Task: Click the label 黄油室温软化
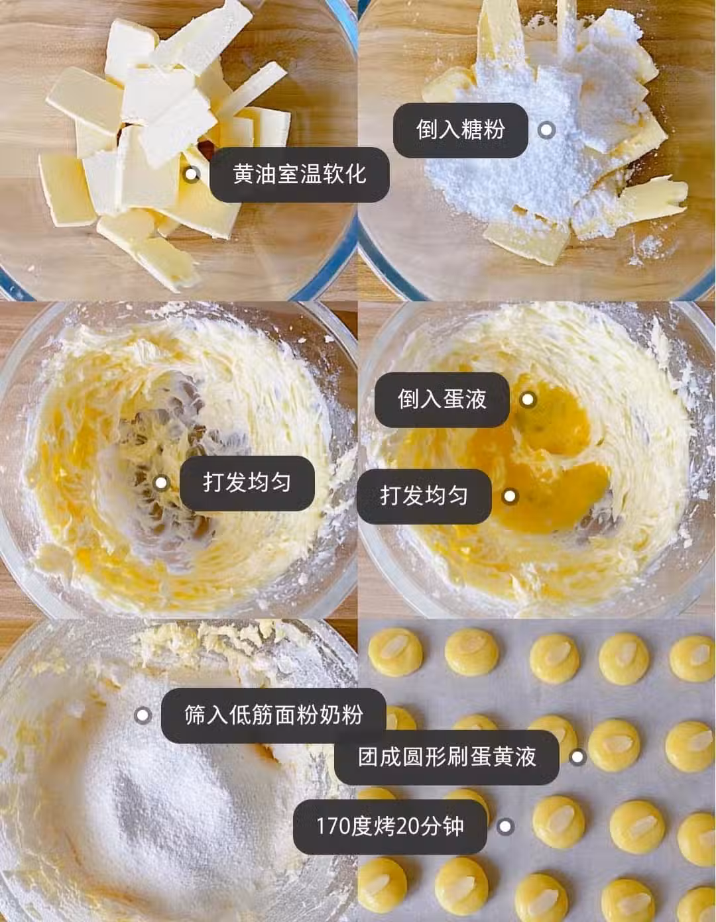point(300,174)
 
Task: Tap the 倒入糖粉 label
point(461,130)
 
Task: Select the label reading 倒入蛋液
point(442,399)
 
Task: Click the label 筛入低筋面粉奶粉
point(274,715)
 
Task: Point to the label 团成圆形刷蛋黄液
point(447,757)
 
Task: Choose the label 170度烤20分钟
point(390,827)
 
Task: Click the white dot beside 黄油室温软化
point(192,174)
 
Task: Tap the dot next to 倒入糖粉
point(546,130)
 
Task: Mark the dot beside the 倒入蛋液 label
point(528,399)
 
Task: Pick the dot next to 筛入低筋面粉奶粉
point(143,715)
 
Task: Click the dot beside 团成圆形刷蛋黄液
point(577,757)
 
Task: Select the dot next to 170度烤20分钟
point(505,827)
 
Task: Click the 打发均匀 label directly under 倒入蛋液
point(424,496)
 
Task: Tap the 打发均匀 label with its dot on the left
point(247,483)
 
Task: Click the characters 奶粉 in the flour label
point(341,715)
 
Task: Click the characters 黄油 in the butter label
point(255,174)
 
